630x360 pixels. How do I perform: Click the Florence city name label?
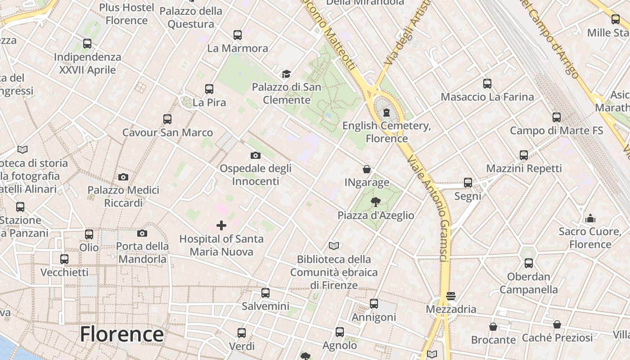pos(121,334)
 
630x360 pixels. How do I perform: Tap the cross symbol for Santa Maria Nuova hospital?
pos(221,225)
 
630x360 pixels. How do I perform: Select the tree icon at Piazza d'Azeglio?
pos(375,202)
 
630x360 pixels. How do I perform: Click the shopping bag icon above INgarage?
pos(367,169)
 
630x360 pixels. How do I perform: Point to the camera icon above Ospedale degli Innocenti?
pos(255,156)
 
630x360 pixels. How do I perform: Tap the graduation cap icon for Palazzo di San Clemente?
pos(286,74)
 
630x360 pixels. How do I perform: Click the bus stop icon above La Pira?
pos(209,89)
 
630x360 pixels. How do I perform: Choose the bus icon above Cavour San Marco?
pos(167,119)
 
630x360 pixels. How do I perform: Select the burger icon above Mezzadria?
pos(450,296)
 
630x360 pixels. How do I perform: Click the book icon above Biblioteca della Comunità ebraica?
pos(333,246)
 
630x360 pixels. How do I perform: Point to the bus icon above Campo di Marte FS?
pos(557,117)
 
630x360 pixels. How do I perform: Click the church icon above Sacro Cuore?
pos(590,219)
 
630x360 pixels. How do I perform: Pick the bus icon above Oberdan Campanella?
pos(529,263)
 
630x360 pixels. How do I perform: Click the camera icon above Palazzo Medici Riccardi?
pos(123,177)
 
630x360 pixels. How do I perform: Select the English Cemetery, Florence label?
pos(387,132)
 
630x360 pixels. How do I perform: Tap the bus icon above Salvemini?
pos(265,293)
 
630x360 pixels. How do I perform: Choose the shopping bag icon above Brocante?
pos(493,327)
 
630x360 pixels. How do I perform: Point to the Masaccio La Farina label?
pos(487,97)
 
